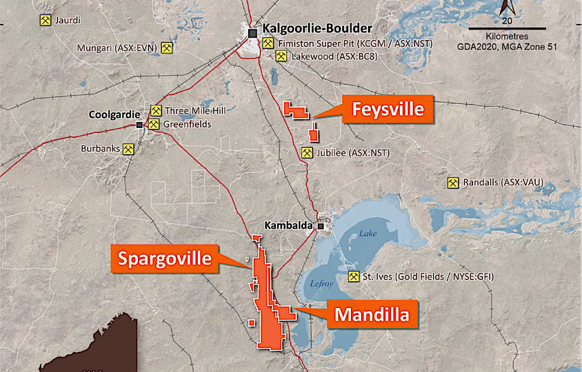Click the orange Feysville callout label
click(388, 109)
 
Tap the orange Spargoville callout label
click(165, 258)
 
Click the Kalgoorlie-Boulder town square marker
click(253, 33)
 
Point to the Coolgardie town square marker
click(139, 124)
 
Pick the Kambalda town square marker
click(321, 226)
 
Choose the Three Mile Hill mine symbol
click(155, 110)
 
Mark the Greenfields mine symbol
click(154, 124)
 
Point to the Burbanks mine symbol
click(129, 149)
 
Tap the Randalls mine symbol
click(453, 183)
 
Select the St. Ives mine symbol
click(353, 277)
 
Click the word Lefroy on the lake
click(314, 284)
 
